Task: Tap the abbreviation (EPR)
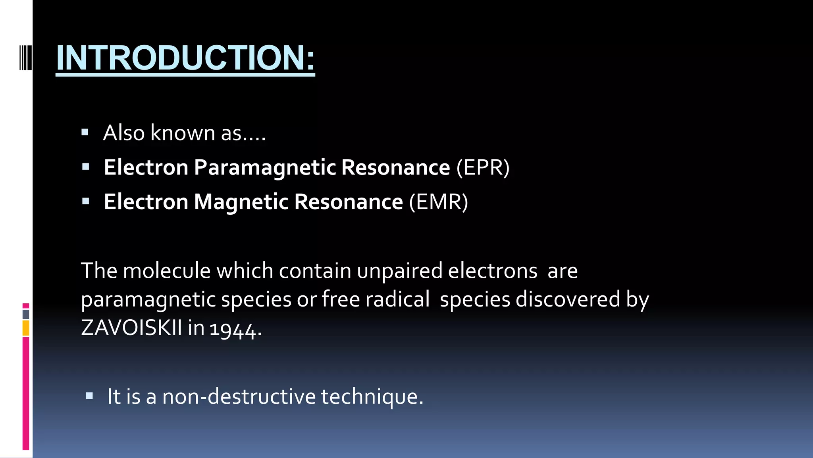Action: click(x=483, y=167)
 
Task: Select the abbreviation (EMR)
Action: click(x=439, y=202)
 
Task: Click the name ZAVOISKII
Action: click(x=131, y=328)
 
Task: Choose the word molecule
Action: click(x=167, y=271)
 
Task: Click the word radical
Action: click(x=397, y=299)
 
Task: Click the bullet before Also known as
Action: click(x=85, y=132)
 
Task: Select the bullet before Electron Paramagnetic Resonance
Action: click(x=85, y=167)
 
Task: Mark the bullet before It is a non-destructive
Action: click(x=89, y=396)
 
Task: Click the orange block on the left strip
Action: click(x=26, y=328)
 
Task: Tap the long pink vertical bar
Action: click(x=26, y=393)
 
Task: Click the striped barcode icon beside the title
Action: click(x=25, y=58)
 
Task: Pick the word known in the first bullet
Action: click(x=183, y=133)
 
